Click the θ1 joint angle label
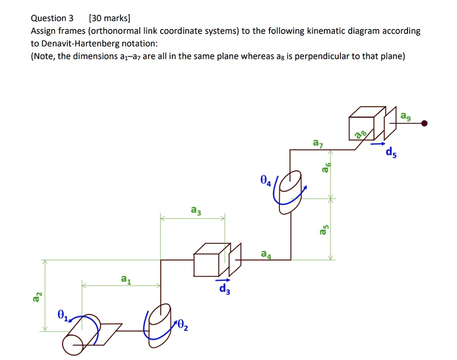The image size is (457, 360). click(x=62, y=315)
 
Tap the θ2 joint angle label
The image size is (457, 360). click(x=183, y=325)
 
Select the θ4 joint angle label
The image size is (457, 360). click(x=266, y=180)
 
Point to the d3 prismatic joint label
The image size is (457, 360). click(x=225, y=289)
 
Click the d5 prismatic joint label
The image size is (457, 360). click(x=391, y=152)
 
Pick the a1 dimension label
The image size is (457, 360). click(x=126, y=279)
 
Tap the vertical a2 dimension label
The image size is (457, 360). click(x=37, y=297)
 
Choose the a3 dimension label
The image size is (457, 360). click(x=196, y=210)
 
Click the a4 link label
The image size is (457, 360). click(x=266, y=254)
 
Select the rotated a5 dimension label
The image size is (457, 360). click(x=324, y=229)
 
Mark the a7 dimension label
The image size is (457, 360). click(x=318, y=143)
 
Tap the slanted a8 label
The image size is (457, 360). click(x=361, y=134)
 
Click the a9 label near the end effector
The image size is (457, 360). click(x=405, y=116)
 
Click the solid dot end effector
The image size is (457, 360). click(x=424, y=124)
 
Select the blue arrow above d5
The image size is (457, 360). click(x=378, y=144)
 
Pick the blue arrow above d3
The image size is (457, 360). click(x=223, y=280)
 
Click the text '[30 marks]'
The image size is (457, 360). click(x=110, y=18)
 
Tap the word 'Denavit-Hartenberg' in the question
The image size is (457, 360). click(x=80, y=43)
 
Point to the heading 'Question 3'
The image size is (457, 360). click(x=52, y=18)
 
